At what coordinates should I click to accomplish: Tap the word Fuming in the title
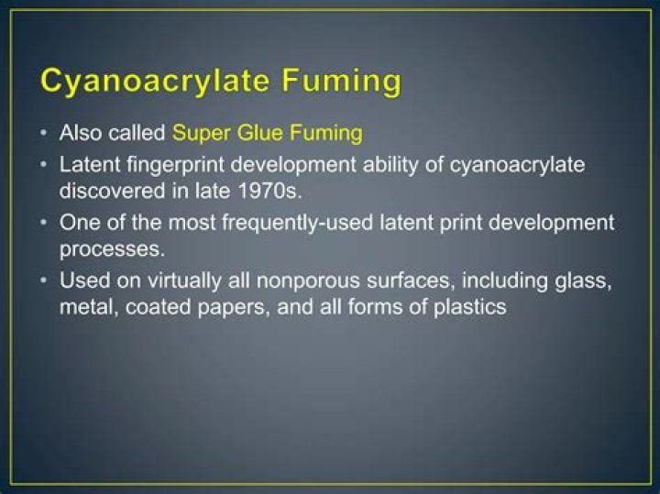[x=341, y=81]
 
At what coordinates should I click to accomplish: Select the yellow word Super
[x=200, y=133]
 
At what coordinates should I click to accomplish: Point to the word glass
[x=585, y=281]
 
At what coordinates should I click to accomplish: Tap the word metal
[x=84, y=306]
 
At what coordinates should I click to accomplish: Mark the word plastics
[x=465, y=306]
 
